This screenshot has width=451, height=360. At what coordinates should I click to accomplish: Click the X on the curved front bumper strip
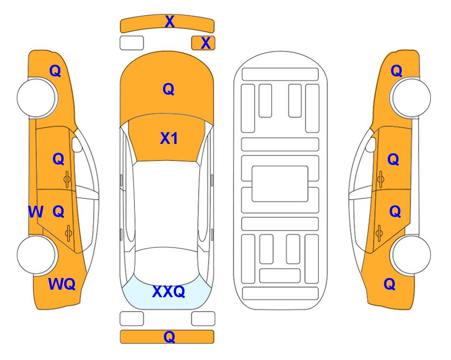(170, 22)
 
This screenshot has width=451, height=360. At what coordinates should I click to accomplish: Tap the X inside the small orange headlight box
(206, 43)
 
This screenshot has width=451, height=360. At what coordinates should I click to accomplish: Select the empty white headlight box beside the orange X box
(132, 43)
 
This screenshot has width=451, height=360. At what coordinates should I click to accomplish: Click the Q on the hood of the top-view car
(169, 89)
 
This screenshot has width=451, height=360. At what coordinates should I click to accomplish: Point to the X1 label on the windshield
(169, 138)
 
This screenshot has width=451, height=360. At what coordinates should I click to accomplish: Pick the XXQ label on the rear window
(169, 292)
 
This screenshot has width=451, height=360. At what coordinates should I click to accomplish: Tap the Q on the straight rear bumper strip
(169, 337)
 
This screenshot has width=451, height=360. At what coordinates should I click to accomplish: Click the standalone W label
(36, 212)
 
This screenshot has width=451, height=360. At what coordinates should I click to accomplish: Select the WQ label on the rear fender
(62, 284)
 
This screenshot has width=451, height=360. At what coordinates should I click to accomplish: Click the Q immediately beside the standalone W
(59, 212)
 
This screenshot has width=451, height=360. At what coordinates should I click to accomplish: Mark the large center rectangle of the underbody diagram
(280, 184)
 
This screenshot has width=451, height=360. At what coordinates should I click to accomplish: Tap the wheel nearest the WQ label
(37, 255)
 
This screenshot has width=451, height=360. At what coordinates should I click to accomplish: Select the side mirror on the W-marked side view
(77, 144)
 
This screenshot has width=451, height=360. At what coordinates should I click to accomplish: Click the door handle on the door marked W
(68, 233)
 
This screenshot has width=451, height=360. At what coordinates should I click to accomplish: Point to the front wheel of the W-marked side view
(37, 98)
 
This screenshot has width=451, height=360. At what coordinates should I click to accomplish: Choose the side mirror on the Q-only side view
(370, 144)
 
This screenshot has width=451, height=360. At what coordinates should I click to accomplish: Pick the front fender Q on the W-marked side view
(55, 71)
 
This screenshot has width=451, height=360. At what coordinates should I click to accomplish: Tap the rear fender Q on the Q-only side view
(390, 284)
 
